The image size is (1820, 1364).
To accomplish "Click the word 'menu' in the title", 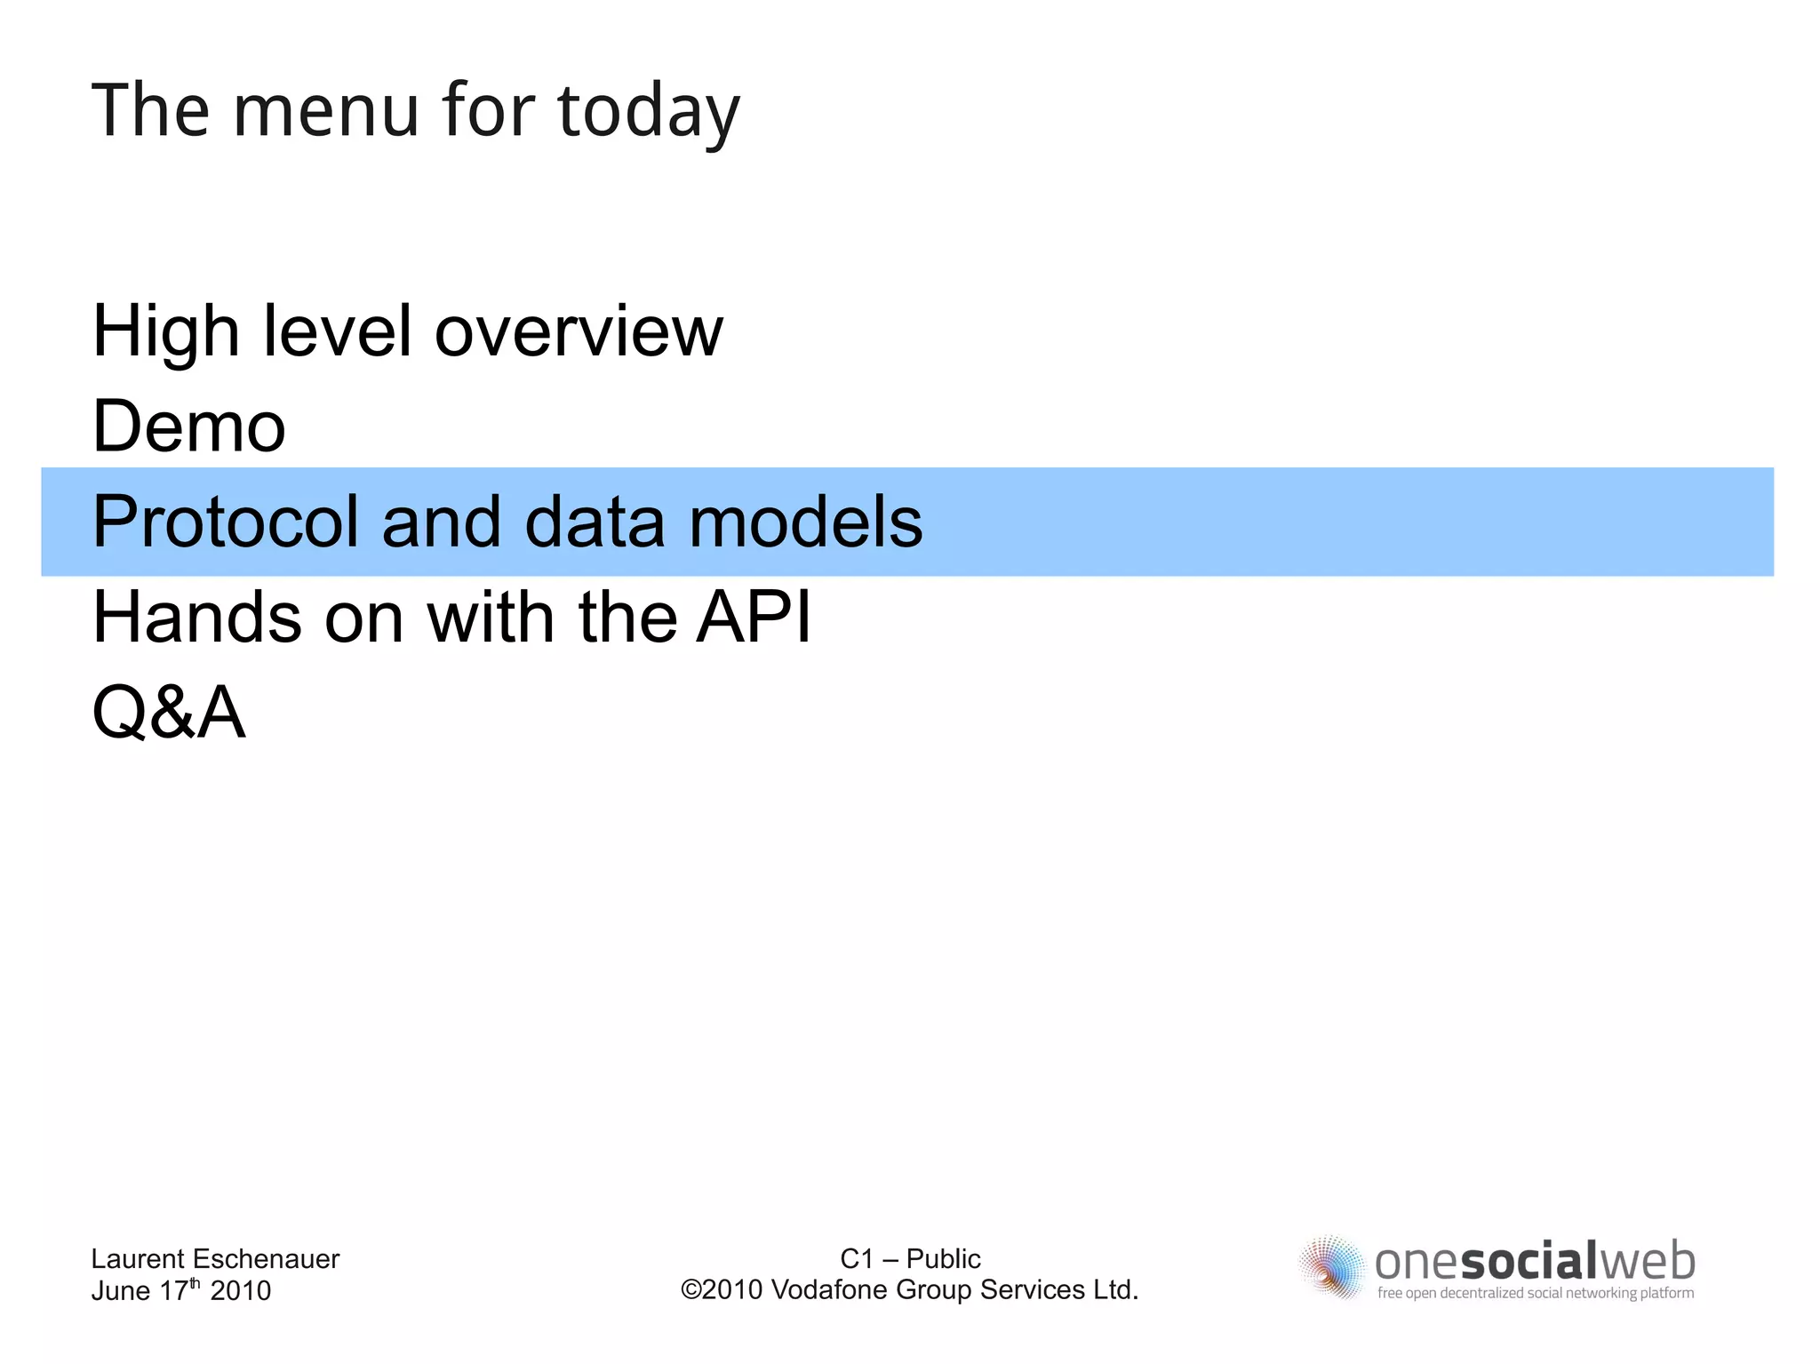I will click(x=325, y=111).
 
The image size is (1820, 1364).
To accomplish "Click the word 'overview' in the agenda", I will click(x=579, y=332).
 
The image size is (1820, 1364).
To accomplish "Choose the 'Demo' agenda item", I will click(x=189, y=427).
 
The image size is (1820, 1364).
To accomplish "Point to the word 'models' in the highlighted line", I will click(x=805, y=522).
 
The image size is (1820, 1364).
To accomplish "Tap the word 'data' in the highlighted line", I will click(x=595, y=522).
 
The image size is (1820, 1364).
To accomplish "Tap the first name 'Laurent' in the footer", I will click(x=138, y=1258).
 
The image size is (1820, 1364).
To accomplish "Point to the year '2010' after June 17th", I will click(x=240, y=1290).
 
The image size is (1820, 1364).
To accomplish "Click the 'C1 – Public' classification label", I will click(x=910, y=1258).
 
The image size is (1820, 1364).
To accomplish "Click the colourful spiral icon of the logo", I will click(x=1331, y=1267).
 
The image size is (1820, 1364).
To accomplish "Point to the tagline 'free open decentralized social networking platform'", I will click(x=1535, y=1293).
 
